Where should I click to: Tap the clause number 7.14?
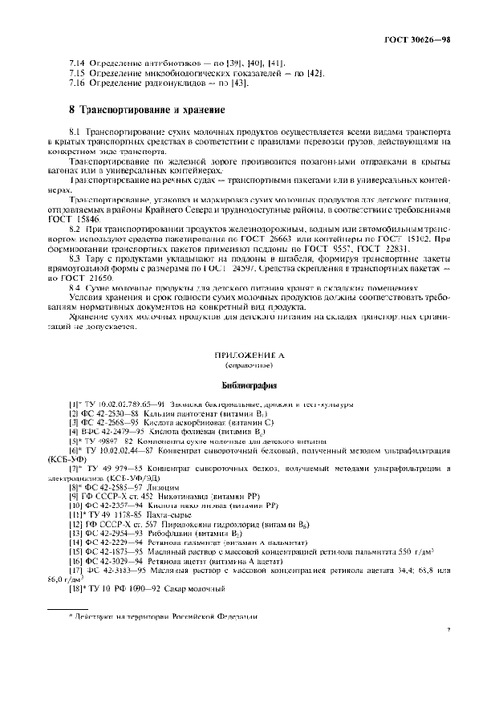pyautogui.click(x=79, y=63)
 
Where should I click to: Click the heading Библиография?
pyautogui.click(x=249, y=384)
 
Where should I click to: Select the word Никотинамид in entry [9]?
pyautogui.click(x=180, y=498)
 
